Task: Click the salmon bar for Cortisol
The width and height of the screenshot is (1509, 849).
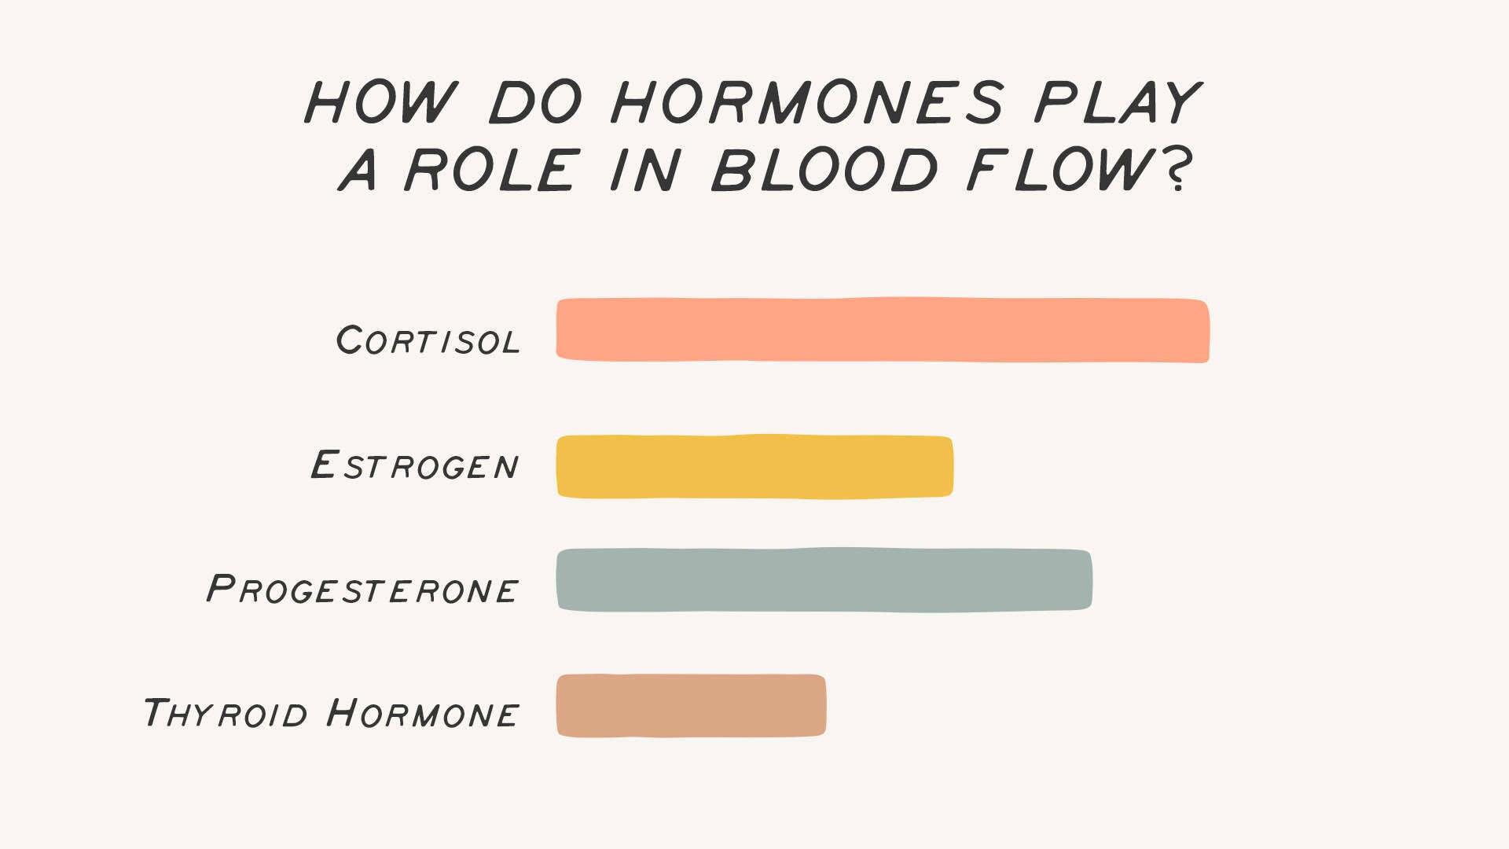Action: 883,329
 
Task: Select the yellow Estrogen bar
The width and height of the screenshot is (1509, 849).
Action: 754,466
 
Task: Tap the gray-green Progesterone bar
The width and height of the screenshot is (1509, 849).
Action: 824,580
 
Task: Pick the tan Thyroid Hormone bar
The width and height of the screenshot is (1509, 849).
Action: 691,705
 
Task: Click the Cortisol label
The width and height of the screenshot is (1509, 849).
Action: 428,340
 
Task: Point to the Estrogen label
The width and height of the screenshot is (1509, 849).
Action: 414,465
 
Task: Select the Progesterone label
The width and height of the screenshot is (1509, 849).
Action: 362,589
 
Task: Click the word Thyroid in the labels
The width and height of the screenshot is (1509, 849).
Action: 225,713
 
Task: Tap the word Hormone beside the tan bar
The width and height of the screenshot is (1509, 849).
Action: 422,713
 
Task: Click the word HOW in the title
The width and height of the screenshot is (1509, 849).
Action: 380,102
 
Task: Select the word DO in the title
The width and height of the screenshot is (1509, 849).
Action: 536,102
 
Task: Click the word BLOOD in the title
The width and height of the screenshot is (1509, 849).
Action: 824,170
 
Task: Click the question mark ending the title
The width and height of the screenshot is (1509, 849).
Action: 1177,170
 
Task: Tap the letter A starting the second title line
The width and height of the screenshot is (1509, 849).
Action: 358,170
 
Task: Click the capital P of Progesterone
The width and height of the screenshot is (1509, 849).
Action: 221,588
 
